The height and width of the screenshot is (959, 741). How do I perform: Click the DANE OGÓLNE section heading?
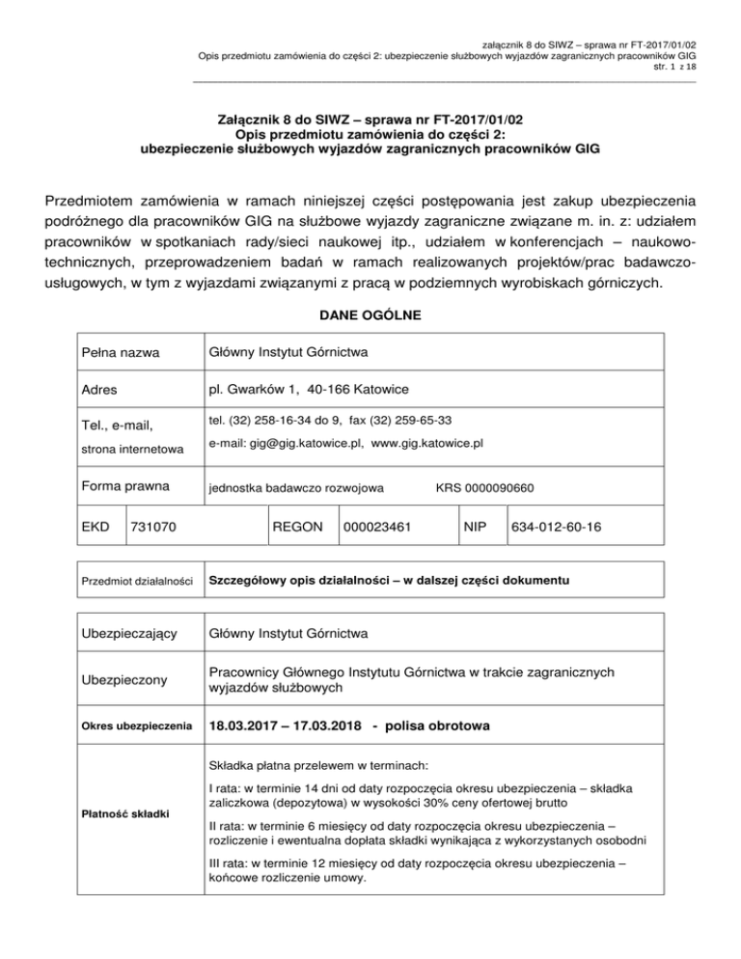click(x=370, y=315)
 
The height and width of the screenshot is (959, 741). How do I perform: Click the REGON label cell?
click(x=298, y=528)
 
